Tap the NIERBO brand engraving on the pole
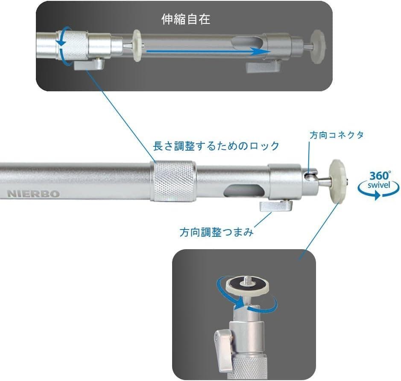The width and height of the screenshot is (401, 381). click(x=33, y=193)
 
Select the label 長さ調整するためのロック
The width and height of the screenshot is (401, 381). click(x=216, y=146)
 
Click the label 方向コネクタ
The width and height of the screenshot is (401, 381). click(x=337, y=135)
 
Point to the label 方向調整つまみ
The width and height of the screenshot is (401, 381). click(x=217, y=232)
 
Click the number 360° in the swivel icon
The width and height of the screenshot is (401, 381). click(x=380, y=176)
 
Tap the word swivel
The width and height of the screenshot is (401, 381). click(x=379, y=186)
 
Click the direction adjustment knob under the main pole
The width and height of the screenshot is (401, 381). click(x=276, y=207)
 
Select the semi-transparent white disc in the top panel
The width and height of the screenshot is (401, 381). click(x=138, y=46)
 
